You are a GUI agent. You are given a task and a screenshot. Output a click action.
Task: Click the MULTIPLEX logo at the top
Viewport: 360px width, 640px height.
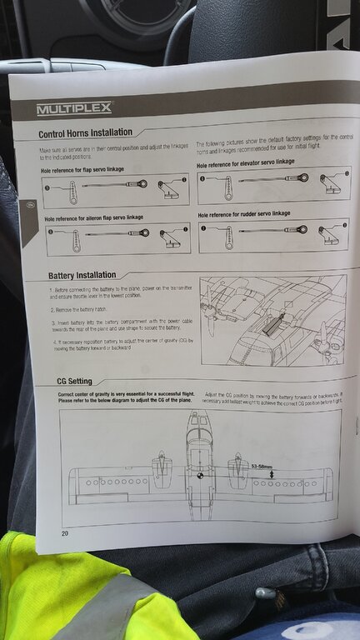(73, 108)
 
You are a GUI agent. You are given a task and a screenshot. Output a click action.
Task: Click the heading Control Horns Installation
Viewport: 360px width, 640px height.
(85, 132)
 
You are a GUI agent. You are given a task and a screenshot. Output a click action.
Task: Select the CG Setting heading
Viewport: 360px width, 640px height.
(69, 381)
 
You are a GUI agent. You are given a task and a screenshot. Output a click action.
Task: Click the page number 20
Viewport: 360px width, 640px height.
(65, 533)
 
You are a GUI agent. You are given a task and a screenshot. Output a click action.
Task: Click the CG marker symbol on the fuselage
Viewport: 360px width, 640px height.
(200, 476)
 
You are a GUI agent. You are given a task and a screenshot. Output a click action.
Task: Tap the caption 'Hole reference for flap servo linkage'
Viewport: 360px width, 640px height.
(82, 170)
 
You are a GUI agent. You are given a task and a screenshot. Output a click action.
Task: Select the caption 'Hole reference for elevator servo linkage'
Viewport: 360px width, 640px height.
(245, 163)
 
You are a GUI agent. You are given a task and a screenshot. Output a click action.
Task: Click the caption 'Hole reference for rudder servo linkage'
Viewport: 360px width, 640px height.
(242, 214)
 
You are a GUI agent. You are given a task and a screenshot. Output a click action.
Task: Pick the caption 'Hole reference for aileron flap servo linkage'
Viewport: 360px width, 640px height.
(93, 217)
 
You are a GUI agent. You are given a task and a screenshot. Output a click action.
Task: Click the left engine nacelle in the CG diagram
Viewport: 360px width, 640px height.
(162, 472)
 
